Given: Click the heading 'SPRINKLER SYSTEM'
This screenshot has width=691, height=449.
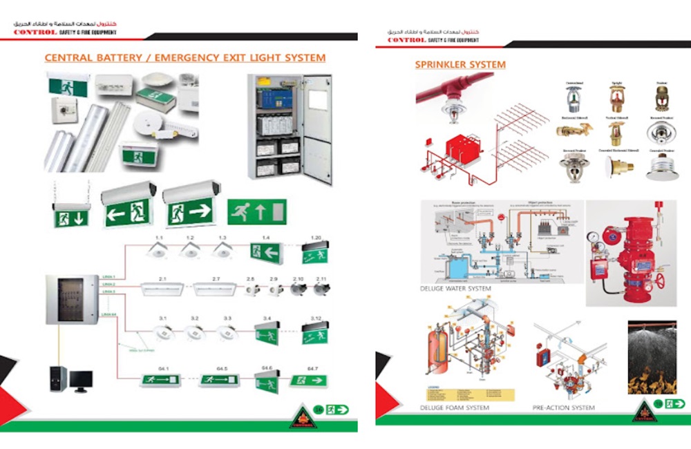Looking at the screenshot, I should (x=460, y=65).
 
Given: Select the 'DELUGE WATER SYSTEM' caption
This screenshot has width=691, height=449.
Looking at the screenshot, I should (x=455, y=288).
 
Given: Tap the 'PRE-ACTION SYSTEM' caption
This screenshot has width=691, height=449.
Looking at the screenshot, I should (x=563, y=408).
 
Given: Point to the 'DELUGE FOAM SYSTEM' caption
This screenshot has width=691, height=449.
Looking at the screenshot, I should (x=454, y=408).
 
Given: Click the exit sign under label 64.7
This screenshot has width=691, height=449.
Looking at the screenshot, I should (x=307, y=379).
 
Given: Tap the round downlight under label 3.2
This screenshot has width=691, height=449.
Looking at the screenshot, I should (x=194, y=332).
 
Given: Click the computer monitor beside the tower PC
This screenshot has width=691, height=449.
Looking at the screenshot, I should (x=81, y=381).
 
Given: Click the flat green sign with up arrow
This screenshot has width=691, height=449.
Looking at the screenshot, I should (x=256, y=211).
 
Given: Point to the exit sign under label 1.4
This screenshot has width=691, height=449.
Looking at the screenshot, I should (x=265, y=253).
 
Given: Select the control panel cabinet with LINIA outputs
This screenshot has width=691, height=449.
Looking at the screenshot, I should (x=73, y=299).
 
